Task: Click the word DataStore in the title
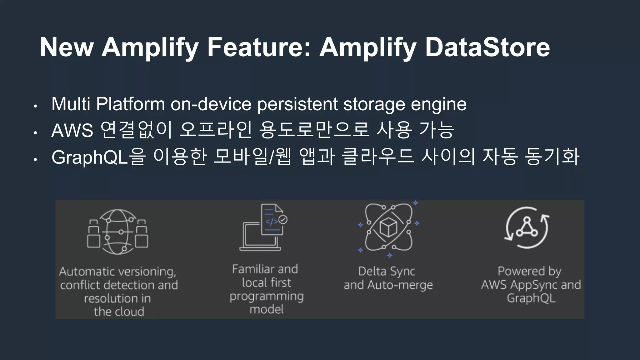(x=487, y=47)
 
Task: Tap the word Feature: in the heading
(x=259, y=47)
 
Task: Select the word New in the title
(x=67, y=47)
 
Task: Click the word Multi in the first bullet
(x=71, y=104)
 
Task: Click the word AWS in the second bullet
(x=72, y=130)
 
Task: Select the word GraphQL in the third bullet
(x=90, y=157)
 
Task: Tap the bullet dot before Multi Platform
(x=36, y=106)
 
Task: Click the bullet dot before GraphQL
(x=36, y=160)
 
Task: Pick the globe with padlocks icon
(x=117, y=232)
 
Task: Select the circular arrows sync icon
(x=527, y=227)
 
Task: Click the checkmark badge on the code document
(x=283, y=220)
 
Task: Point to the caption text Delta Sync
(x=387, y=271)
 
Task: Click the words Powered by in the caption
(x=529, y=271)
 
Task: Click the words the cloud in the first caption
(x=119, y=312)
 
